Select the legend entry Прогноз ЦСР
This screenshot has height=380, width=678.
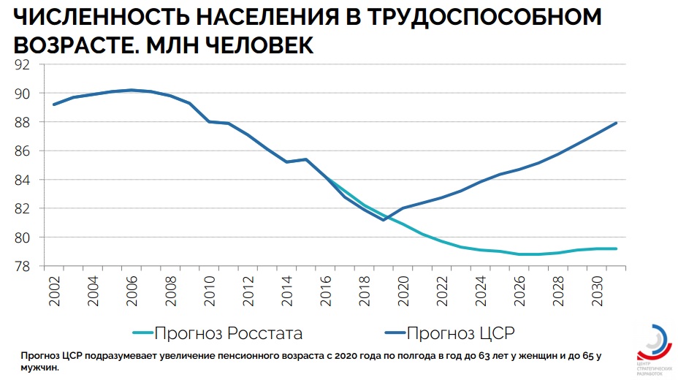(460, 334)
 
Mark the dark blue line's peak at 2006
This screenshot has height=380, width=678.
(131, 90)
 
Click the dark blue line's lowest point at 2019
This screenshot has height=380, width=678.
(383, 220)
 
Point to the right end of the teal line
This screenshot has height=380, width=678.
(617, 248)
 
